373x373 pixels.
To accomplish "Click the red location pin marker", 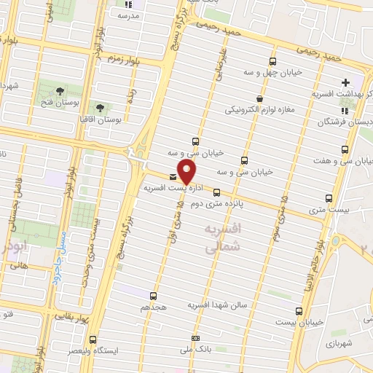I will (x=187, y=173).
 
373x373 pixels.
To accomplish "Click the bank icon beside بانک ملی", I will (x=195, y=338).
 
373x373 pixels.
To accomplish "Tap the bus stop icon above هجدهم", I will (x=153, y=296).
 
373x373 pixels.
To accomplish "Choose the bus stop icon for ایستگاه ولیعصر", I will (x=93, y=339).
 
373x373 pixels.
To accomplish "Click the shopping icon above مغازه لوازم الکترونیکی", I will (x=259, y=98).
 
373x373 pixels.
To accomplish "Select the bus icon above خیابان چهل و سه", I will (x=272, y=62).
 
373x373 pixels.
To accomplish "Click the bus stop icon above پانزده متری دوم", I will (x=216, y=192).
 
